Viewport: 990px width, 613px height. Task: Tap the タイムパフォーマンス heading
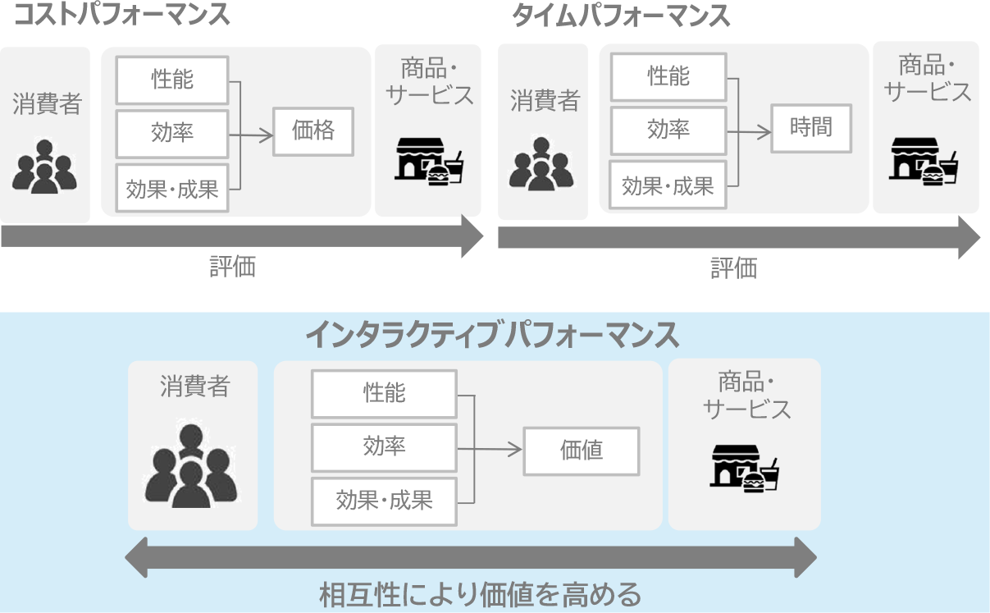point(621,15)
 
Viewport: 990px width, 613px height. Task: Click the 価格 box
point(313,130)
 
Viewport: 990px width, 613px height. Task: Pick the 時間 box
point(810,127)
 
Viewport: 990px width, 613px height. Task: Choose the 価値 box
point(581,450)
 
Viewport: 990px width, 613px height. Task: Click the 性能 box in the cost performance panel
point(172,80)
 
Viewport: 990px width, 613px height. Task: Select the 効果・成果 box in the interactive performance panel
point(384,501)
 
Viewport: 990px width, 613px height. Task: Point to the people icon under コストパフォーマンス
point(44,167)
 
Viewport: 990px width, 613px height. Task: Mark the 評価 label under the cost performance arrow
point(233,267)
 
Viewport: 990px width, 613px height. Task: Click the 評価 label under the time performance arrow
point(733,268)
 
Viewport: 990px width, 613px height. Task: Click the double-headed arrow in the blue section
point(471,557)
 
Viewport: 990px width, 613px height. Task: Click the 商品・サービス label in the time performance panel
point(928,78)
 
